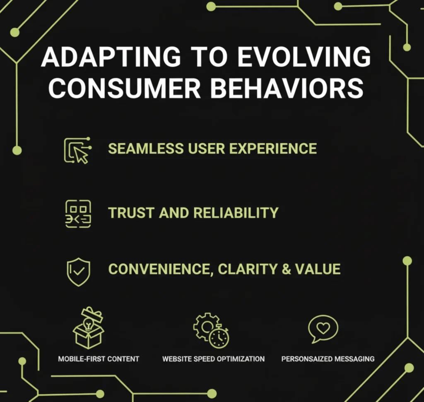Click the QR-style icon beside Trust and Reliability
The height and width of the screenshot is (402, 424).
pyautogui.click(x=78, y=214)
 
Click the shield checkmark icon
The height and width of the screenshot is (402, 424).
pyautogui.click(x=78, y=272)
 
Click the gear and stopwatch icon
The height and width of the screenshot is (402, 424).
pyautogui.click(x=211, y=330)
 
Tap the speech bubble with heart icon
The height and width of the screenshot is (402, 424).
pyautogui.click(x=323, y=329)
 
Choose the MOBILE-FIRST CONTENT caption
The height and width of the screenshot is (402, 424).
pyautogui.click(x=99, y=359)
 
